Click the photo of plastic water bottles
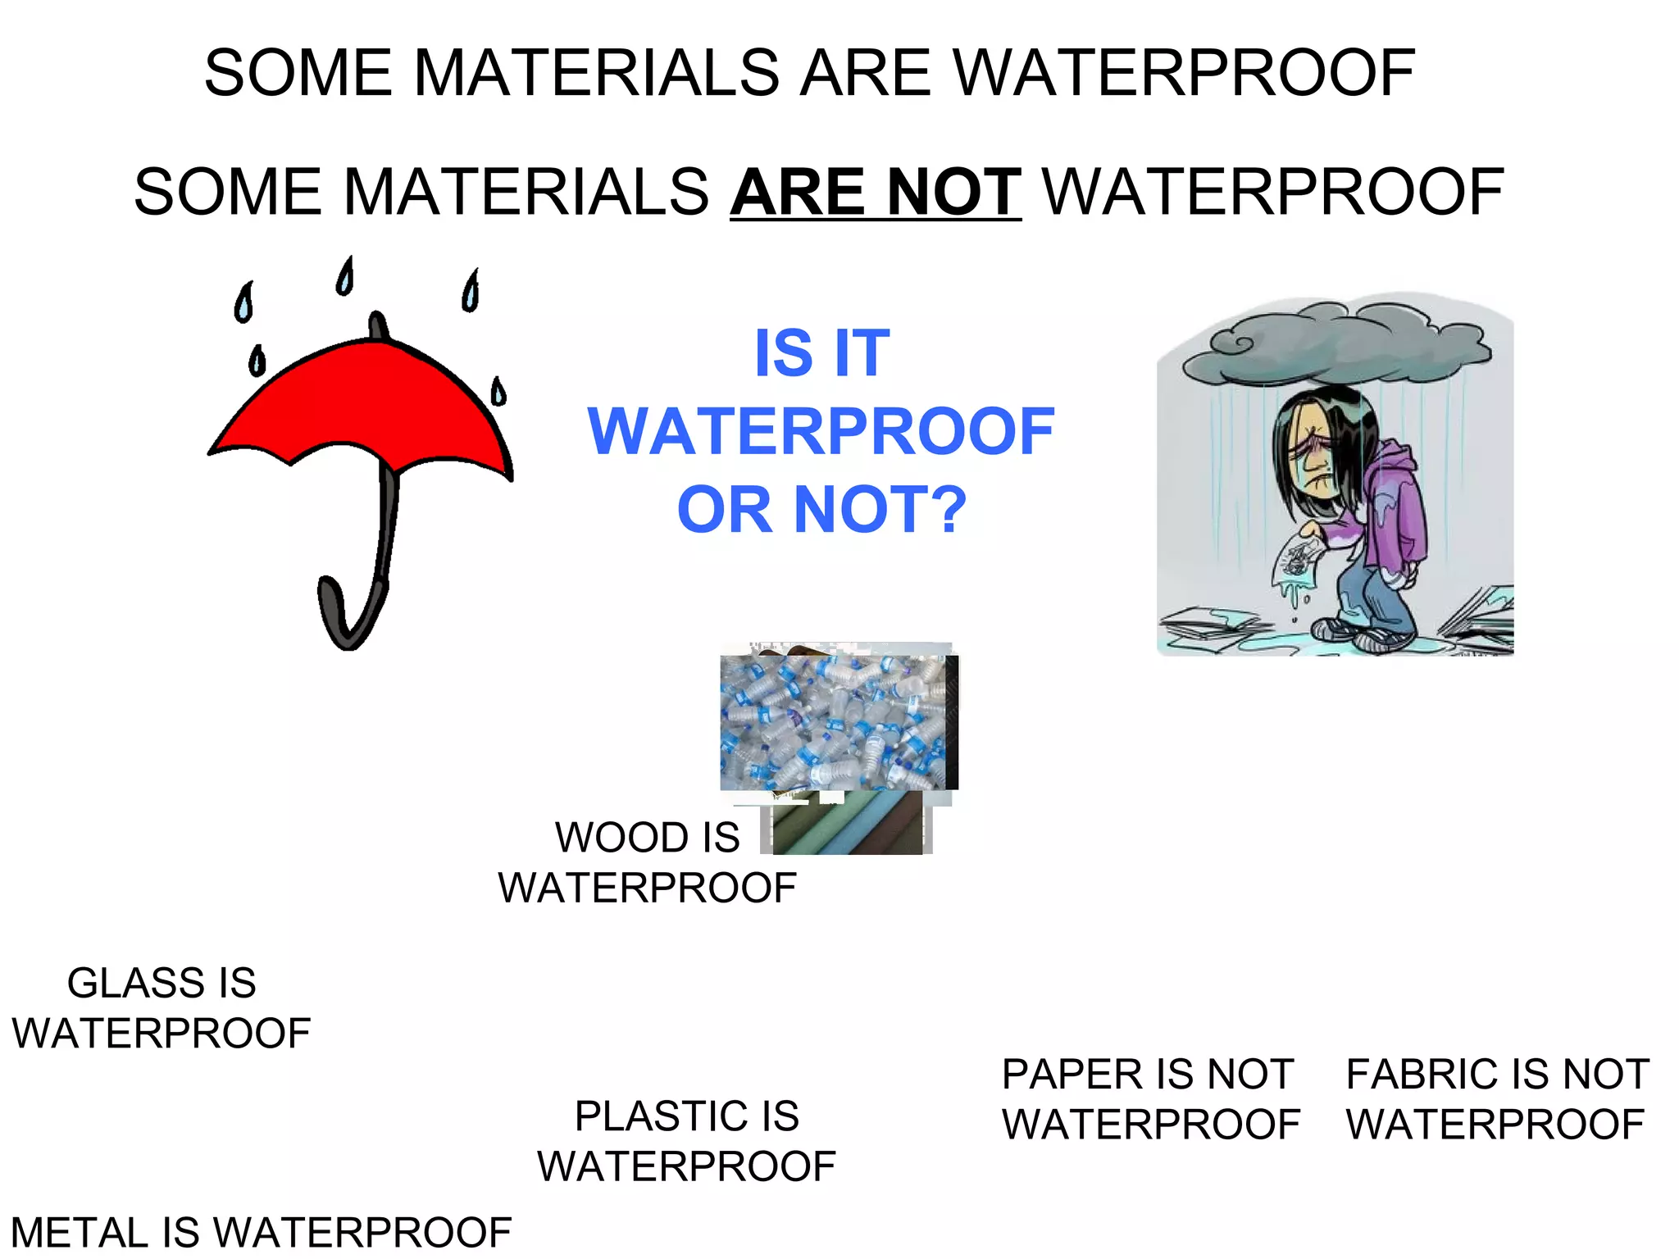pos(836,721)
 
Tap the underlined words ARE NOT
pos(875,192)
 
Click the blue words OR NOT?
pos(821,510)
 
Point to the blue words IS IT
pos(821,353)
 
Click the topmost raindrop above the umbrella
pos(346,276)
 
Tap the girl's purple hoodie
pos(1394,508)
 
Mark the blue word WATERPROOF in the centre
pos(821,431)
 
